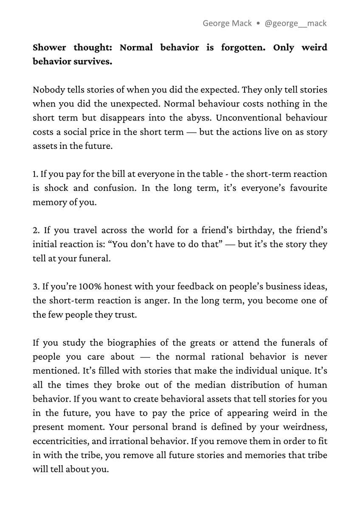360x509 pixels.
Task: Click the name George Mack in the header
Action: (227, 23)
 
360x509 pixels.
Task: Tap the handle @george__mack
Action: (295, 23)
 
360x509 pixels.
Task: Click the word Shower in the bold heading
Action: (50, 48)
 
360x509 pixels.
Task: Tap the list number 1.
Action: (35, 174)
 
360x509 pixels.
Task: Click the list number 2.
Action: (36, 230)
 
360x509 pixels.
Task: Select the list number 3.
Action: (36, 287)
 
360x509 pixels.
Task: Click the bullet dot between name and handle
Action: (258, 24)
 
